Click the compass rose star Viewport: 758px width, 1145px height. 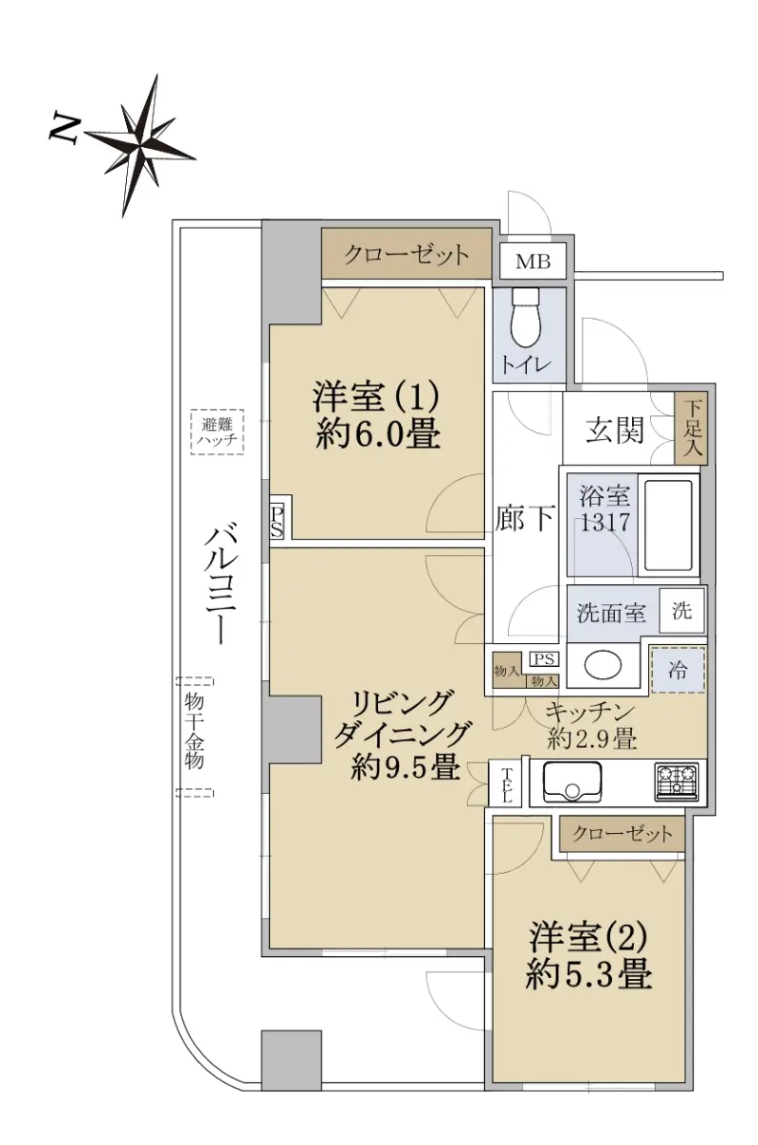tap(140, 145)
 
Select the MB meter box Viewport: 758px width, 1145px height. tap(533, 261)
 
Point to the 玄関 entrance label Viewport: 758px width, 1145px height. tap(614, 429)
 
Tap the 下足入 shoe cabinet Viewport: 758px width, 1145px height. tap(691, 428)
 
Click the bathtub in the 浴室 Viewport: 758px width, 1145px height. tap(668, 527)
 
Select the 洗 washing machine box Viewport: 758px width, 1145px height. tap(682, 611)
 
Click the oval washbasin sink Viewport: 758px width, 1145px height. tap(603, 665)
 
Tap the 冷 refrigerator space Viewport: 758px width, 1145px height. tap(677, 670)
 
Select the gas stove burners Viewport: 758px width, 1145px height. tap(677, 782)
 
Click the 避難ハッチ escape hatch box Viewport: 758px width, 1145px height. tap(217, 432)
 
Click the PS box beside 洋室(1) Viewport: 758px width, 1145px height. tap(276, 521)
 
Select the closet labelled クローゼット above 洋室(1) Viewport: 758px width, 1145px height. tap(406, 254)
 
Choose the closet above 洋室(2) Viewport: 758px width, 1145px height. tap(621, 834)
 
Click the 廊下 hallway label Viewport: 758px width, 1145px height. tap(525, 518)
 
